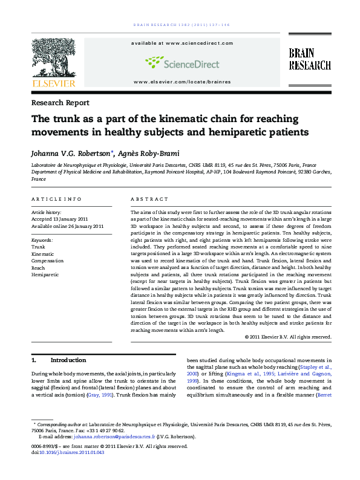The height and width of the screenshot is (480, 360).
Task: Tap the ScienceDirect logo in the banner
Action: pyautogui.click(x=182, y=62)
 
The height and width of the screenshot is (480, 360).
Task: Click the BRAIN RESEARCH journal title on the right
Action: pyautogui.click(x=309, y=59)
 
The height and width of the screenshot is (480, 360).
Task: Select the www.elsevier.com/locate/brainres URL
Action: pyautogui.click(x=182, y=82)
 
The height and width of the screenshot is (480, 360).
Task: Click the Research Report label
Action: pyautogui.click(x=60, y=103)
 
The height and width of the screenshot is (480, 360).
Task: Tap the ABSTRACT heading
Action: pyautogui.click(x=149, y=199)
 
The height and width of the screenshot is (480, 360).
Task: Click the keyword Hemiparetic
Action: pyautogui.click(x=45, y=274)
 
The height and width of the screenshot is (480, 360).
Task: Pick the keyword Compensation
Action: pyautogui.click(x=48, y=261)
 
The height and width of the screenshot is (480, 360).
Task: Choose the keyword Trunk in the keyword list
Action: pyautogui.click(x=38, y=247)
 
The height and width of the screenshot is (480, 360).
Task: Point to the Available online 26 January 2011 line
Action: pyautogui.click(x=67, y=226)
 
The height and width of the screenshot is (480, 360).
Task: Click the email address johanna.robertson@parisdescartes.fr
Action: pyautogui.click(x=113, y=436)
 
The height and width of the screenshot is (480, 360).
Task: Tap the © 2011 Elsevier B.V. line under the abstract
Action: pyautogui.click(x=288, y=337)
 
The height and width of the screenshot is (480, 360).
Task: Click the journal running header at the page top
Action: pyautogui.click(x=180, y=25)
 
